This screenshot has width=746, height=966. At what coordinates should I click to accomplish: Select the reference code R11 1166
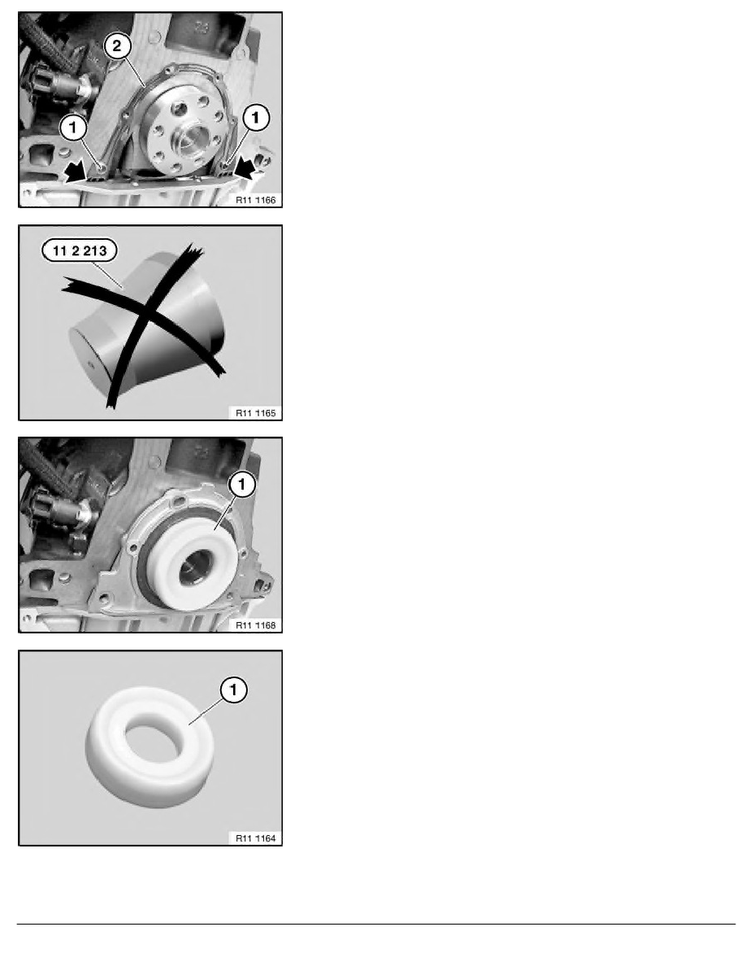[x=254, y=198]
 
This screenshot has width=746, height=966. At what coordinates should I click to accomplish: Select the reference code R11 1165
[x=254, y=411]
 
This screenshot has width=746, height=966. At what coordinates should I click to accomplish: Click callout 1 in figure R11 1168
[x=243, y=484]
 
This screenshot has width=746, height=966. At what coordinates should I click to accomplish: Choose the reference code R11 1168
[x=254, y=624]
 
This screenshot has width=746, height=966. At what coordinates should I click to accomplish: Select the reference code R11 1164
[x=254, y=837]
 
